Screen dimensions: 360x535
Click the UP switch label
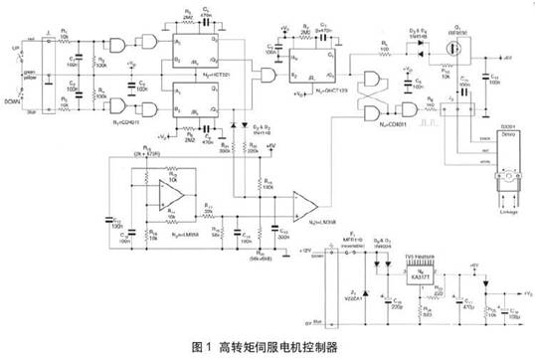(x=13, y=46)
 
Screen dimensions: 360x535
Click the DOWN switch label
(x=14, y=101)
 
